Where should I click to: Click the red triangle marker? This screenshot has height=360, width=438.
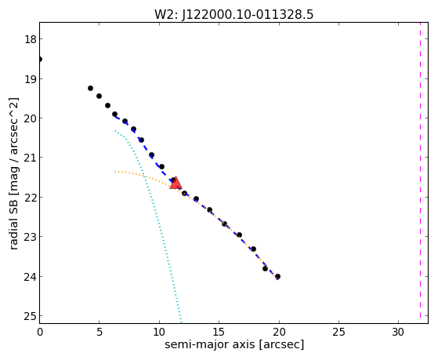tap(176, 184)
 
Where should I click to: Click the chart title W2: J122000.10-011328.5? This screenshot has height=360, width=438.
tap(233, 15)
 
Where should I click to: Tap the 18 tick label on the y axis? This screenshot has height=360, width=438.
tap(31, 39)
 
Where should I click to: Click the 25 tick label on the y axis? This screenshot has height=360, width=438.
tap(31, 316)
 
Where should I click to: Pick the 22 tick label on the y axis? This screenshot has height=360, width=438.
tap(31, 198)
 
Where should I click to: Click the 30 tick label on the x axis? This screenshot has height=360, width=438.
tap(398, 333)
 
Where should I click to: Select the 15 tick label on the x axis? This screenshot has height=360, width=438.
tap(219, 333)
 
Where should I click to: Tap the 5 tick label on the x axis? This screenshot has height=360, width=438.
tap(100, 333)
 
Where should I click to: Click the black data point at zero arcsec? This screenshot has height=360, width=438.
tap(40, 60)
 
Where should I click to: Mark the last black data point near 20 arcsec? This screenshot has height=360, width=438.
tap(277, 277)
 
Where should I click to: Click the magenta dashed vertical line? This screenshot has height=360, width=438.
tap(420, 170)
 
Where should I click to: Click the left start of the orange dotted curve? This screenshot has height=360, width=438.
tap(115, 171)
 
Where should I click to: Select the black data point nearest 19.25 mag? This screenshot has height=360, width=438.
tap(90, 89)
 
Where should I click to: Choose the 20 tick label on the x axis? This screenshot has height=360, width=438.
tap(279, 333)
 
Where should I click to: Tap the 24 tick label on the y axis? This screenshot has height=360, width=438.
tap(31, 277)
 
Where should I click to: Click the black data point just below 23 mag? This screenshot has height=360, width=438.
tap(239, 235)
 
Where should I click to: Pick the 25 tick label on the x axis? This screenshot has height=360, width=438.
tap(338, 333)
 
